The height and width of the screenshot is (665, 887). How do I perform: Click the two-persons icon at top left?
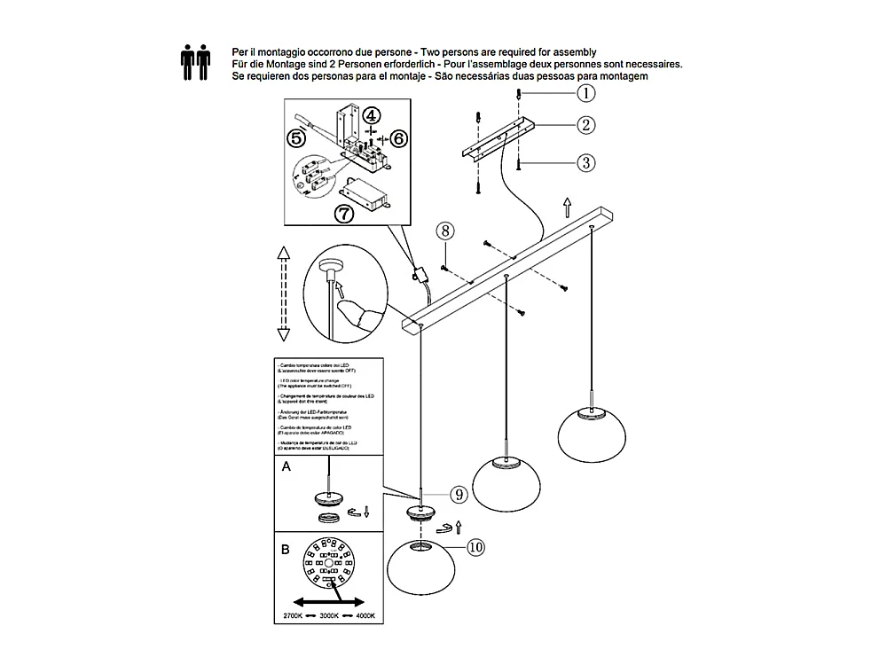pos(196,64)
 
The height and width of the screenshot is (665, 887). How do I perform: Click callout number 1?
pos(586,91)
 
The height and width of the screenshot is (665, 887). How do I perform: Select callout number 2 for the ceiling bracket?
pos(586,125)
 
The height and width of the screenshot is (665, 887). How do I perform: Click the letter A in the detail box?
pos(286,468)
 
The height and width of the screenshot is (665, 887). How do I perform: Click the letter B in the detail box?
pos(286,549)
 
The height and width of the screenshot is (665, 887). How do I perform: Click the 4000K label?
pos(365,615)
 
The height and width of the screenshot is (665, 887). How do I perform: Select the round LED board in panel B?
pos(327,562)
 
